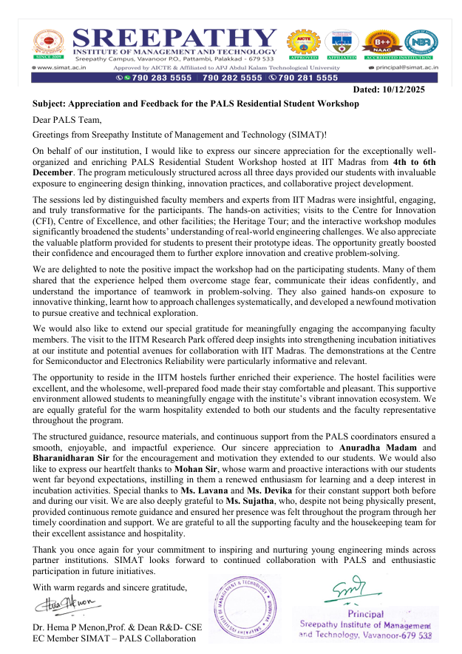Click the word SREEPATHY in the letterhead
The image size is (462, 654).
click(176, 38)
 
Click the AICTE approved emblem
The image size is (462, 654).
click(305, 43)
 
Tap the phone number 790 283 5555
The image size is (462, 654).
click(157, 77)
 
